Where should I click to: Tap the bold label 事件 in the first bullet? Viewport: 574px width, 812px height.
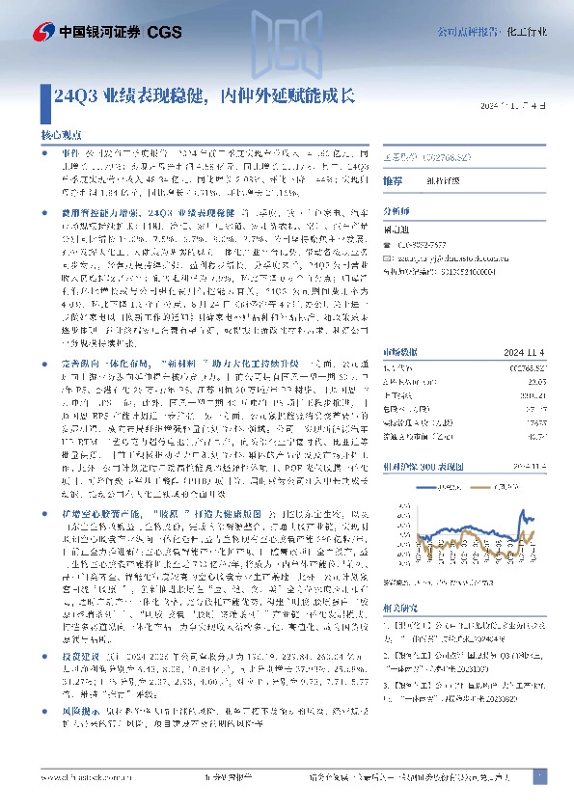pyautogui.click(x=68, y=152)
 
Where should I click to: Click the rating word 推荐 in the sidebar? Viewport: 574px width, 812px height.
pyautogui.click(x=394, y=180)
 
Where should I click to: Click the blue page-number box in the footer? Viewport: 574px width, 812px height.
pyautogui.click(x=538, y=776)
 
